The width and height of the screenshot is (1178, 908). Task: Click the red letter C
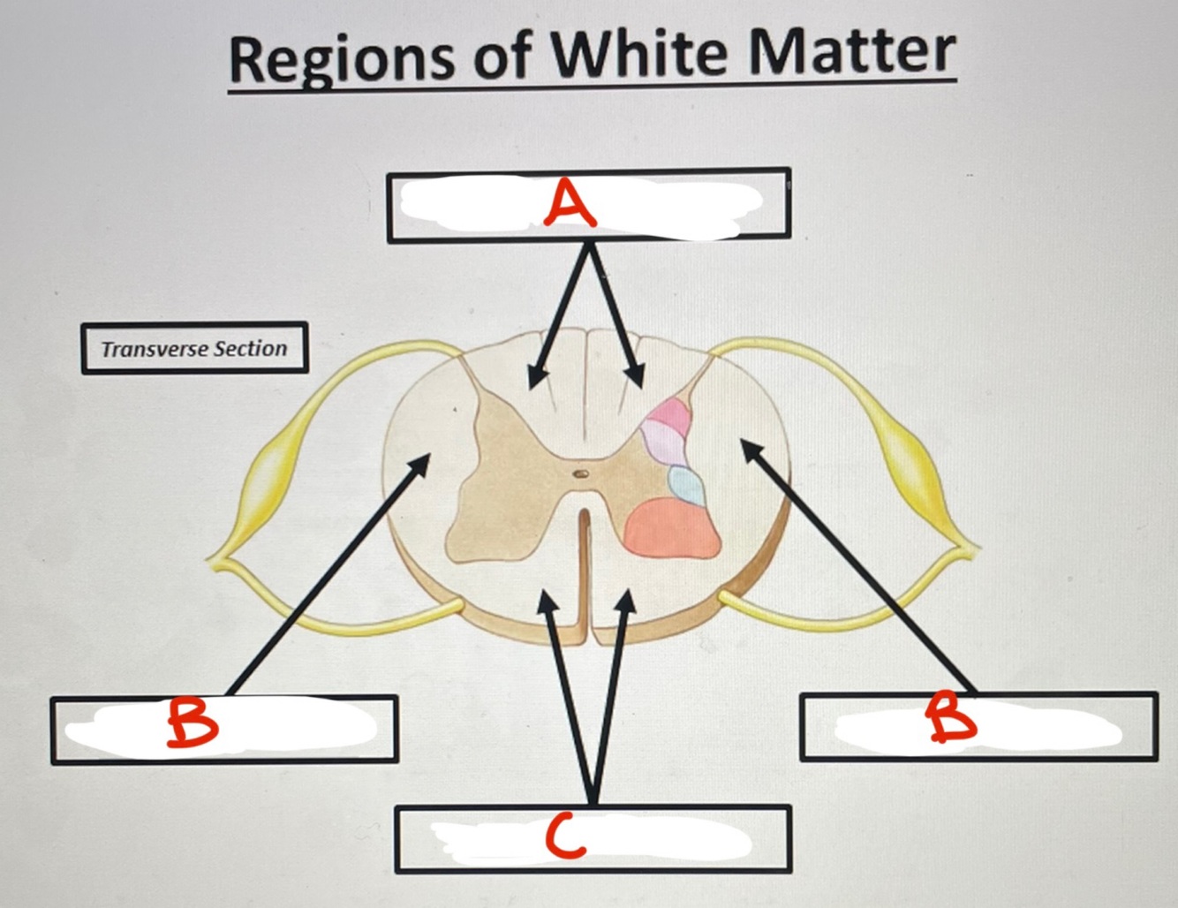(x=565, y=836)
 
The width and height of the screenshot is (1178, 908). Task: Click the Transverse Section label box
(x=194, y=348)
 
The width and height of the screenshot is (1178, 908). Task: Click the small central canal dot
(x=581, y=473)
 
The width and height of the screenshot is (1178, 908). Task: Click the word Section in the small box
(x=251, y=349)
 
